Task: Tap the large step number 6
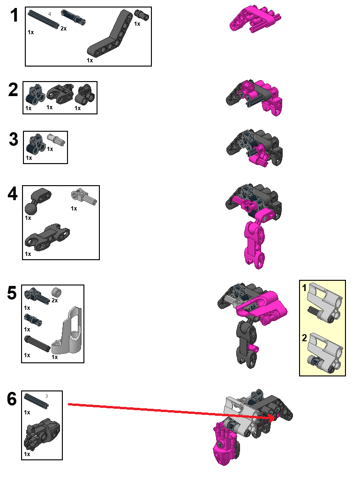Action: tap(13, 399)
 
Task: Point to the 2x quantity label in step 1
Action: tap(63, 29)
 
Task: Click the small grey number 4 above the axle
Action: tap(50, 15)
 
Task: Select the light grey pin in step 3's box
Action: tap(60, 140)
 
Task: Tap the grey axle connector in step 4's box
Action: tap(83, 196)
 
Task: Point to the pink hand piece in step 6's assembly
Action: tap(225, 443)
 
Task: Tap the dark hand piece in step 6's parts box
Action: tap(41, 434)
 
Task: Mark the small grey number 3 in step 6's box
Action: tap(46, 396)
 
